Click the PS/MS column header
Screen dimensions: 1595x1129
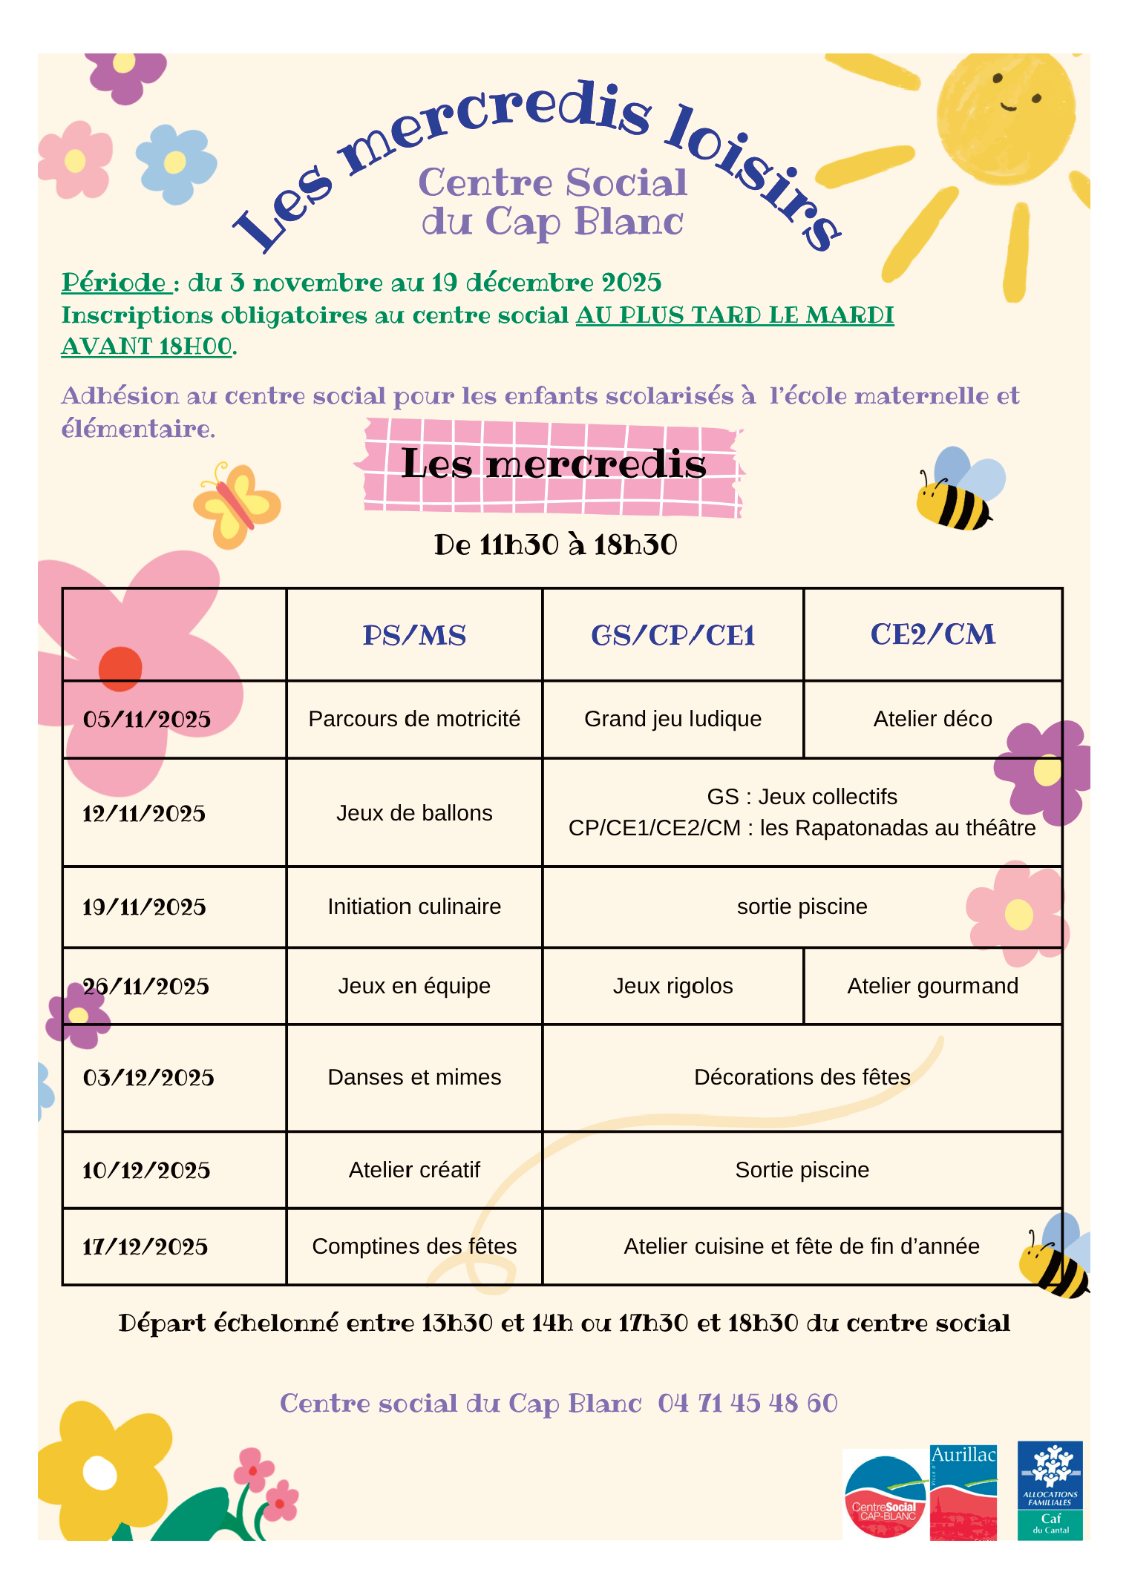point(414,636)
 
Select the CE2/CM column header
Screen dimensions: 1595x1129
point(933,635)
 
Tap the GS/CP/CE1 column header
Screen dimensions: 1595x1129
point(673,636)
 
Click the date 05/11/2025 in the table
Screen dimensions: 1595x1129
point(147,720)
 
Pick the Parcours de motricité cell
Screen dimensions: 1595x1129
point(414,719)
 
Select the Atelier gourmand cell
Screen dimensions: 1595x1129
point(932,986)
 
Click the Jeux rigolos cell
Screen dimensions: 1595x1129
point(673,986)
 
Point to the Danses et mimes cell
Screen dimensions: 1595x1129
point(414,1077)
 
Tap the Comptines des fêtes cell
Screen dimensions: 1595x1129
point(414,1246)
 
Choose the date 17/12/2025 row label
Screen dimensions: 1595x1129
point(145,1247)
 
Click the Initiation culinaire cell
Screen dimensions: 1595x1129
point(414,907)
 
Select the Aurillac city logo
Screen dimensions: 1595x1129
point(963,1492)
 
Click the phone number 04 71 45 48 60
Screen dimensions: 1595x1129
point(747,1404)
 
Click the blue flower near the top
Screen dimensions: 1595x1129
point(175,163)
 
